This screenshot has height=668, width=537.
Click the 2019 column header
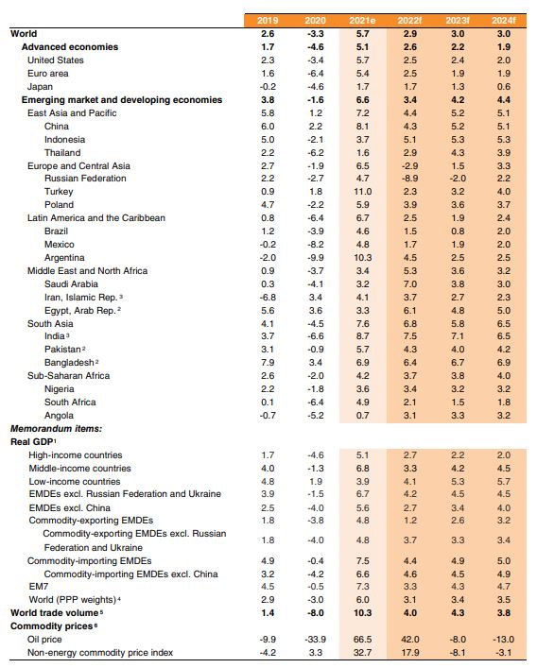point(268,21)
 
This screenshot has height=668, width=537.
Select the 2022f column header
point(409,21)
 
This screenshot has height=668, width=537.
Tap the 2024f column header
point(503,21)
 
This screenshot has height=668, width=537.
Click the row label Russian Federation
point(85,179)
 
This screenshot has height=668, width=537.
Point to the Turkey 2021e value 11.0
point(363,192)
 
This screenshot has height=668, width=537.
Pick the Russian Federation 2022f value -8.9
point(409,179)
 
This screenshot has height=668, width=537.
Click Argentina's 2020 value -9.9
point(316,258)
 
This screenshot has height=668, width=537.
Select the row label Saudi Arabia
point(71,284)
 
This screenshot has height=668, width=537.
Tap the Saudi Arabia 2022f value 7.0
point(409,284)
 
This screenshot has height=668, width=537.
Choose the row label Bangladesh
point(69,363)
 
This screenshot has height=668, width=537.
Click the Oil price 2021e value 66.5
point(363,640)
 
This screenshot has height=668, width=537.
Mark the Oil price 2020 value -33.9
point(316,640)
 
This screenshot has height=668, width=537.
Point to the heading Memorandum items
point(57,429)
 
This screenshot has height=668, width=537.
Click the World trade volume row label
point(55,613)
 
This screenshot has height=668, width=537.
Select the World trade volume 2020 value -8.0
point(316,613)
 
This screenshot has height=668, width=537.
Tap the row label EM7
point(39,587)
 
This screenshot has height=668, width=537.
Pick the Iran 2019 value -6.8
point(268,298)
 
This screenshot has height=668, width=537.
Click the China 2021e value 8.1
point(363,127)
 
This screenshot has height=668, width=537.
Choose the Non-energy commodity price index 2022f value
point(409,653)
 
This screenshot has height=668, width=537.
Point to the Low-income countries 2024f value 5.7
point(503,482)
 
